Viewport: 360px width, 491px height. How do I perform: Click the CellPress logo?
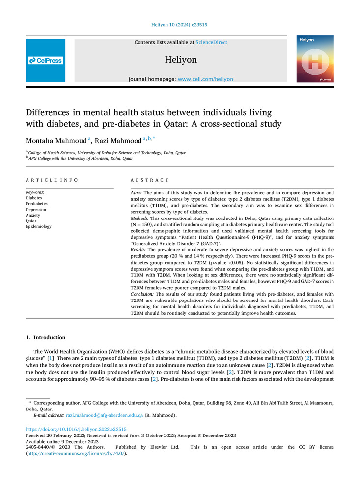click(46, 61)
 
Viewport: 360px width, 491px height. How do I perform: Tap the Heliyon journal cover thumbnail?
click(315, 59)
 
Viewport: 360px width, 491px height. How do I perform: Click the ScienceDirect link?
click(211, 43)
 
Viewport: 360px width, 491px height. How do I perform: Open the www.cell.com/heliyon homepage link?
click(205, 79)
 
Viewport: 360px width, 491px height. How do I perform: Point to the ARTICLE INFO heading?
click(52, 180)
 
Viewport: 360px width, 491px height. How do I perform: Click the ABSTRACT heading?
click(150, 180)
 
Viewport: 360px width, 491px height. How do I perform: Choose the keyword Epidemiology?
click(38, 226)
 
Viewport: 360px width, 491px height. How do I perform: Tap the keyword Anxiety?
click(33, 215)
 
